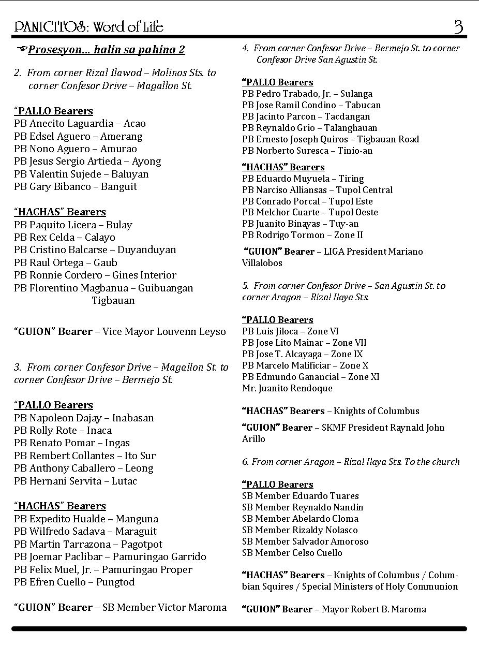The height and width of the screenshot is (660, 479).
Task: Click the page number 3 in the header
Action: [458, 26]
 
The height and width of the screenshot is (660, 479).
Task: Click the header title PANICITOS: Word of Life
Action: [89, 27]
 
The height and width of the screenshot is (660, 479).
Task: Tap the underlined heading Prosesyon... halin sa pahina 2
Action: [106, 50]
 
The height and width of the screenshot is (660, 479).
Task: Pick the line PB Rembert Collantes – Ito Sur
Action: [85, 456]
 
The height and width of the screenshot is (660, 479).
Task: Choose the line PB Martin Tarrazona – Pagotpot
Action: [88, 545]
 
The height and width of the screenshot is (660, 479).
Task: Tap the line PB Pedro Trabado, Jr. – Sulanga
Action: [307, 94]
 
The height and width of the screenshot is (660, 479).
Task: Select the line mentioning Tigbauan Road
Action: [331, 139]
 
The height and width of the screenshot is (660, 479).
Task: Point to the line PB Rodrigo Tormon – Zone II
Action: [303, 236]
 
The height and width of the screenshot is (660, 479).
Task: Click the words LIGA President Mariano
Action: [373, 252]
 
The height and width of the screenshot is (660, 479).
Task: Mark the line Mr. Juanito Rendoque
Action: [287, 388]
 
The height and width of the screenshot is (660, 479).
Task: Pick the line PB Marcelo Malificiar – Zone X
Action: [305, 365]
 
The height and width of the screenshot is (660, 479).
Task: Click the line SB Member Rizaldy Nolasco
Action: [300, 530]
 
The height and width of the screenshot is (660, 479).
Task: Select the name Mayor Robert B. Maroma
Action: [373, 610]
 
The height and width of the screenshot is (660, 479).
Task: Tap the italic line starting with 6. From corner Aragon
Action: [351, 462]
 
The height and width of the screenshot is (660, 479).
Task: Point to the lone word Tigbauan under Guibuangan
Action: [113, 301]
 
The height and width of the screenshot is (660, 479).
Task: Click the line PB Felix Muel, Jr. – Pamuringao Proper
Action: [103, 570]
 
